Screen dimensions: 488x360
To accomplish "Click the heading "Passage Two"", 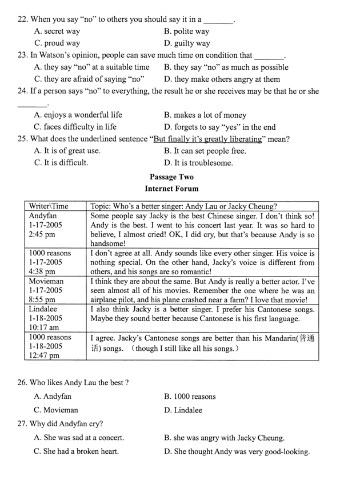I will (171, 177).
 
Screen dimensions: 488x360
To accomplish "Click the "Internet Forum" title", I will (171, 189).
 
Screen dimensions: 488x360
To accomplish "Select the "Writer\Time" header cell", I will (49, 206).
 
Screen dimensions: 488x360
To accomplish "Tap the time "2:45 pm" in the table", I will (42, 235).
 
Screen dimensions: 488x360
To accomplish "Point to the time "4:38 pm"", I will (42, 271).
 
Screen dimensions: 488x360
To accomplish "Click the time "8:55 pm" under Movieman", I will (42, 299).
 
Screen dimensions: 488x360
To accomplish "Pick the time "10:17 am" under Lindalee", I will (45, 327).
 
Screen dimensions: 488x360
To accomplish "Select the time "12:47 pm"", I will (44, 355).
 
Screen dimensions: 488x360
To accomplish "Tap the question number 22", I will (22, 19).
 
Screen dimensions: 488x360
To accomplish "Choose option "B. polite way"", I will (186, 31).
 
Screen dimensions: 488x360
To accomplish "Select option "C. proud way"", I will (57, 43).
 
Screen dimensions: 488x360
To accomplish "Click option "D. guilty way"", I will (187, 43).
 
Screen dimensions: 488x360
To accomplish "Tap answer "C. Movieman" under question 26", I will (56, 410).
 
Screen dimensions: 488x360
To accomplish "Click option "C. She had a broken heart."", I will (77, 451).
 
